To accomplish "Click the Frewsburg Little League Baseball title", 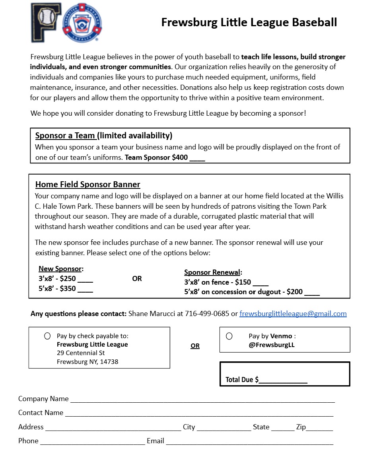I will pyautogui.click(x=249, y=22).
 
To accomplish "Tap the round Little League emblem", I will pyautogui.click(x=82, y=23).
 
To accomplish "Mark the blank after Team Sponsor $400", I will pyautogui.click(x=197, y=158).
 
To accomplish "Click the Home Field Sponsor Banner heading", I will pyautogui.click(x=87, y=184).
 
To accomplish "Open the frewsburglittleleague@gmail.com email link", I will pyautogui.click(x=293, y=314).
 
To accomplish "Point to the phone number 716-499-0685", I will pyautogui.click(x=207, y=314).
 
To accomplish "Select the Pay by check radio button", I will pyautogui.click(x=47, y=336).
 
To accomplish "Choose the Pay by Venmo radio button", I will pyautogui.click(x=229, y=336).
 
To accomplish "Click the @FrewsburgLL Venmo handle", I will pyautogui.click(x=272, y=345).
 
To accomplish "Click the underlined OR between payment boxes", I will pyautogui.click(x=195, y=346).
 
